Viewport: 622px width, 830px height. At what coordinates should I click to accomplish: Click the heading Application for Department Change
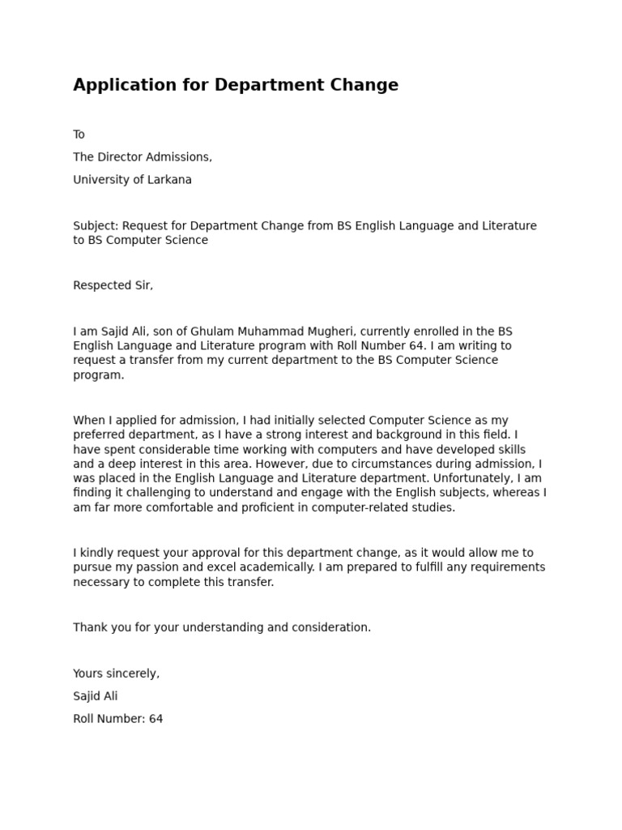236,85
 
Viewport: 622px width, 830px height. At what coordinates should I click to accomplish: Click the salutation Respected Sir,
113,285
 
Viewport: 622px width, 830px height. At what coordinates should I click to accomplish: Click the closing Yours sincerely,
116,674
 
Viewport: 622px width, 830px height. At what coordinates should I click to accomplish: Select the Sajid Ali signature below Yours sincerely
95,696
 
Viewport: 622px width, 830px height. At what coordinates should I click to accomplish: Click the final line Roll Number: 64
117,719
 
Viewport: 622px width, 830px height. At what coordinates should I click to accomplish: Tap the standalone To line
79,135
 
